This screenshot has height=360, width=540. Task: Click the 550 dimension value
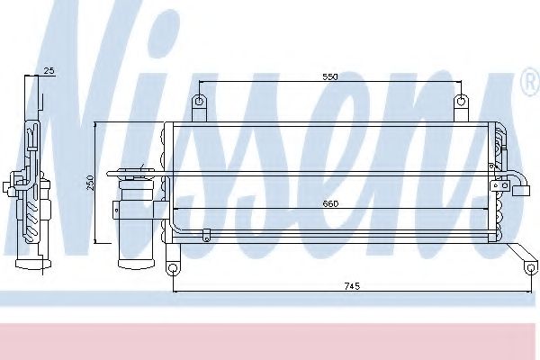pyautogui.click(x=330, y=76)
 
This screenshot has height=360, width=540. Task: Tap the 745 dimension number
pyautogui.click(x=352, y=286)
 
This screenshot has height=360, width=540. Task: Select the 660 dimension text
pyautogui.click(x=330, y=204)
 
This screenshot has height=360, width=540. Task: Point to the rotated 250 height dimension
pyautogui.click(x=90, y=183)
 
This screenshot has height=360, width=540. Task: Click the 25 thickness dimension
pyautogui.click(x=49, y=70)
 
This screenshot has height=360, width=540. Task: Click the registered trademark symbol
pyautogui.click(x=531, y=82)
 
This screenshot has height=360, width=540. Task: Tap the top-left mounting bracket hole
pyautogui.click(x=199, y=102)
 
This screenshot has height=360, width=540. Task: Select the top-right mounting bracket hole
pyautogui.click(x=461, y=102)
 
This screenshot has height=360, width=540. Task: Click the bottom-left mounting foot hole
pyautogui.click(x=173, y=268)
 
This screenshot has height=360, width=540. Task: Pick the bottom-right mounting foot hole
pyautogui.click(x=531, y=267)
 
